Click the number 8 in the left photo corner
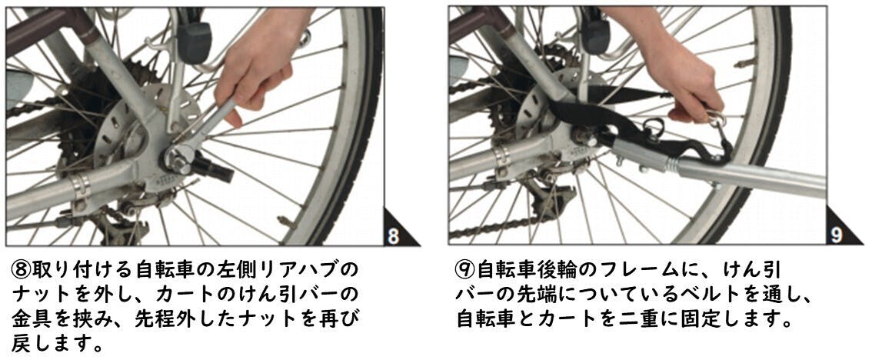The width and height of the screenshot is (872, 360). pos(393,236)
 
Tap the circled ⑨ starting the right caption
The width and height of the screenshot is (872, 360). pos(465,271)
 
